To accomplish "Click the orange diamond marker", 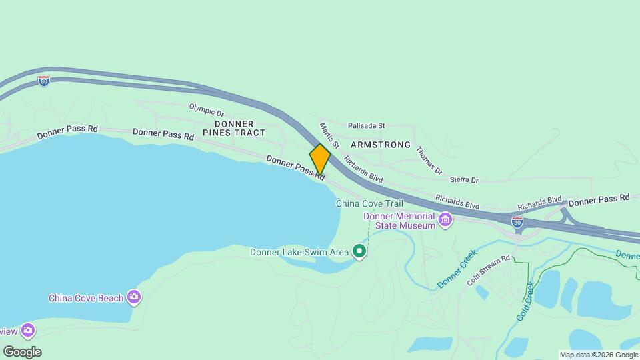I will coord(320,159).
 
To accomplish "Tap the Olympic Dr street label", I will coord(206,110).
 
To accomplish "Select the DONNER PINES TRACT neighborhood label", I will coord(234,128).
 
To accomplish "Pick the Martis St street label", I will coord(329,135).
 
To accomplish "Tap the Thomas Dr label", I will coord(429,161).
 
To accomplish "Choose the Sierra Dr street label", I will coord(464,180).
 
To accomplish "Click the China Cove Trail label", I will coord(369,203).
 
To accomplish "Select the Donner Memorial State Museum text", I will coord(399,221).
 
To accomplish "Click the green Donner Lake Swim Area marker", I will coord(359,251).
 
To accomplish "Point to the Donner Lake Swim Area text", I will coord(299,252).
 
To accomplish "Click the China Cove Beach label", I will coord(86,298).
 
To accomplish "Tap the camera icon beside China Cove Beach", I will coord(135,297).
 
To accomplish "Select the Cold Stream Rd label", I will coord(488,271).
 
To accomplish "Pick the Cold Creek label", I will coord(526,301).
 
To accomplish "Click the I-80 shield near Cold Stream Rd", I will coord(517,221).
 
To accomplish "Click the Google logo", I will coord(22,351).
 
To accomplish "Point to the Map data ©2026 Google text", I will coord(599,355).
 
